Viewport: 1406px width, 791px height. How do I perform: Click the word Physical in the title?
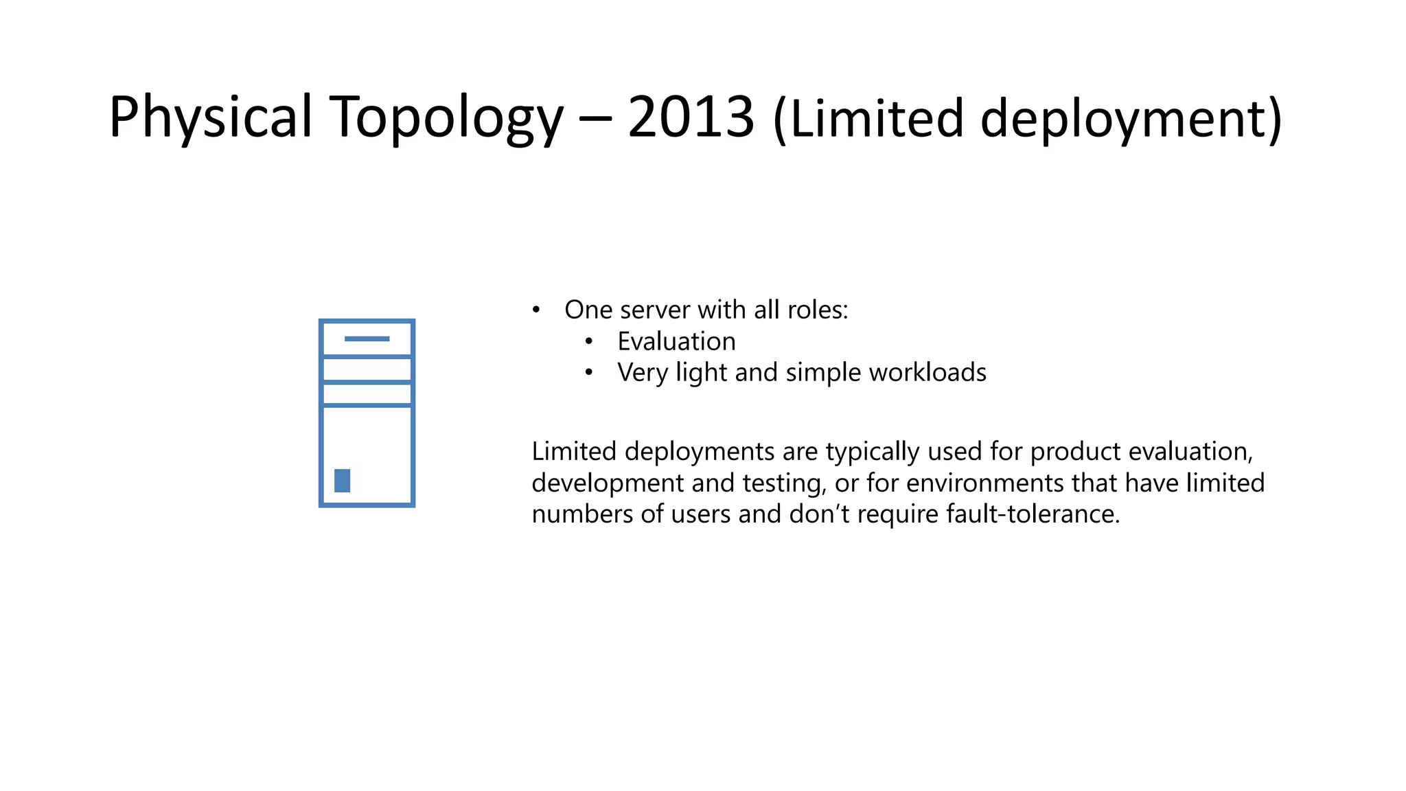tap(210, 118)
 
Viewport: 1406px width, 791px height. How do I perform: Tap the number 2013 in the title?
tap(691, 118)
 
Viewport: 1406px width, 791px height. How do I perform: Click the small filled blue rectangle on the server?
tap(342, 481)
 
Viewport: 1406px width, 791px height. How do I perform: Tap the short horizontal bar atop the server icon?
tap(367, 339)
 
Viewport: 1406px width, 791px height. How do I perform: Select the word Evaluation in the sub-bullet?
tap(676, 341)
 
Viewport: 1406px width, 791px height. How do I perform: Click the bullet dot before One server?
tap(536, 310)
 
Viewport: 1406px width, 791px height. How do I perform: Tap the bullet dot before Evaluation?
tap(589, 341)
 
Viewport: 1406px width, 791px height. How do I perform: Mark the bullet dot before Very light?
tap(589, 373)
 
